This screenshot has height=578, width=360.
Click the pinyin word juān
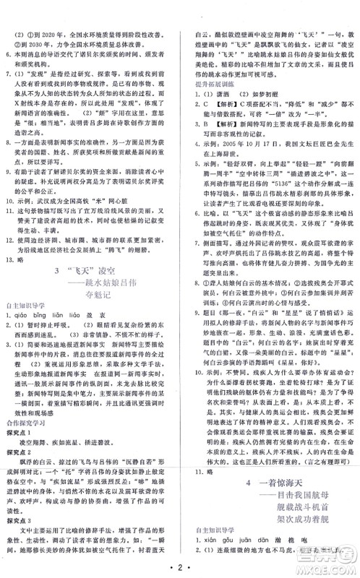tap(248, 536)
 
